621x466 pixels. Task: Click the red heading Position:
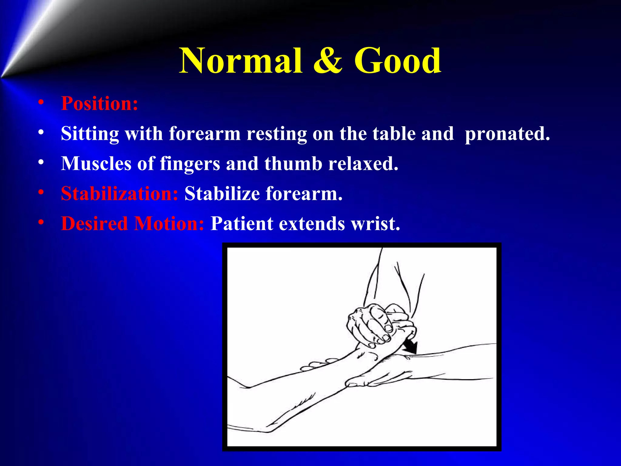pyautogui.click(x=99, y=103)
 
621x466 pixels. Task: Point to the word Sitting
pyautogui.click(x=90, y=133)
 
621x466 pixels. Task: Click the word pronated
pyautogui.click(x=507, y=133)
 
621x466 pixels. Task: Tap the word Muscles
pyautogui.click(x=96, y=164)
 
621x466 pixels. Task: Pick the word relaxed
pyautogui.click(x=363, y=164)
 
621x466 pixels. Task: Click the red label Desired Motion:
pyautogui.click(x=133, y=224)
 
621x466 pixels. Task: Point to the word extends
pyautogui.click(x=312, y=224)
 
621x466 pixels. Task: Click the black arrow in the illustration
pyautogui.click(x=410, y=346)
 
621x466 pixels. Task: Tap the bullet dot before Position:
pyautogui.click(x=41, y=103)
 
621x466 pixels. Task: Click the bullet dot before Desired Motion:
pyautogui.click(x=41, y=223)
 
